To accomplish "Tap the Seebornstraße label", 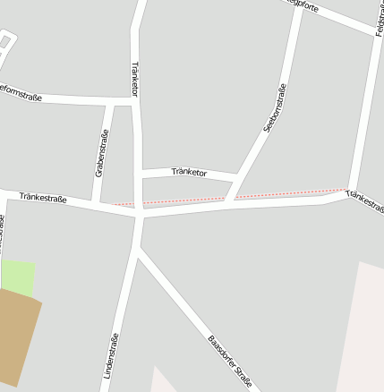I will point(275,108).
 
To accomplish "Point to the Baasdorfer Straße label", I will point(230,362).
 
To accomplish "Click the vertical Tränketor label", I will point(135,79).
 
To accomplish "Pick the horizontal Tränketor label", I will point(189,172).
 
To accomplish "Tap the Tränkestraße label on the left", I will point(42,197).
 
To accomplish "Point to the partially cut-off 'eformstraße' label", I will point(21,89).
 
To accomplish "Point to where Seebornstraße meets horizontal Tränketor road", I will point(238,176).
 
